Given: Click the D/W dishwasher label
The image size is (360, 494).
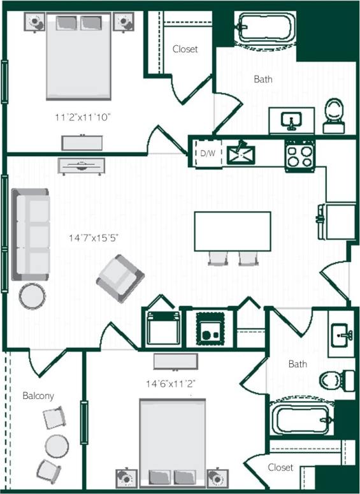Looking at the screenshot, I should (x=208, y=154).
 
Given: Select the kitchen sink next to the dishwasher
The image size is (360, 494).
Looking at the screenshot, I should (x=241, y=153).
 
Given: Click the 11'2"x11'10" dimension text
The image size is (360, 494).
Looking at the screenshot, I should (x=83, y=117).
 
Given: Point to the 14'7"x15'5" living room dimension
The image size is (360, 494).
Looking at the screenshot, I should (x=94, y=238).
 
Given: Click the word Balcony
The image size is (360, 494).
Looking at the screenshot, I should (x=38, y=395).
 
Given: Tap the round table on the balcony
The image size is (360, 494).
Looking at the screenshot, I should (x=57, y=445).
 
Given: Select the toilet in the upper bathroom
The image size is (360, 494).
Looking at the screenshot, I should (x=333, y=115).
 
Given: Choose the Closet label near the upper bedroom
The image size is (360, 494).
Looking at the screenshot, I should (x=185, y=49).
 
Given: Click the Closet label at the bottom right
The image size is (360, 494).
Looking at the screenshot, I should (x=280, y=467).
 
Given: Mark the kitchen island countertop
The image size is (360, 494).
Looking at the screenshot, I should (x=233, y=231).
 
